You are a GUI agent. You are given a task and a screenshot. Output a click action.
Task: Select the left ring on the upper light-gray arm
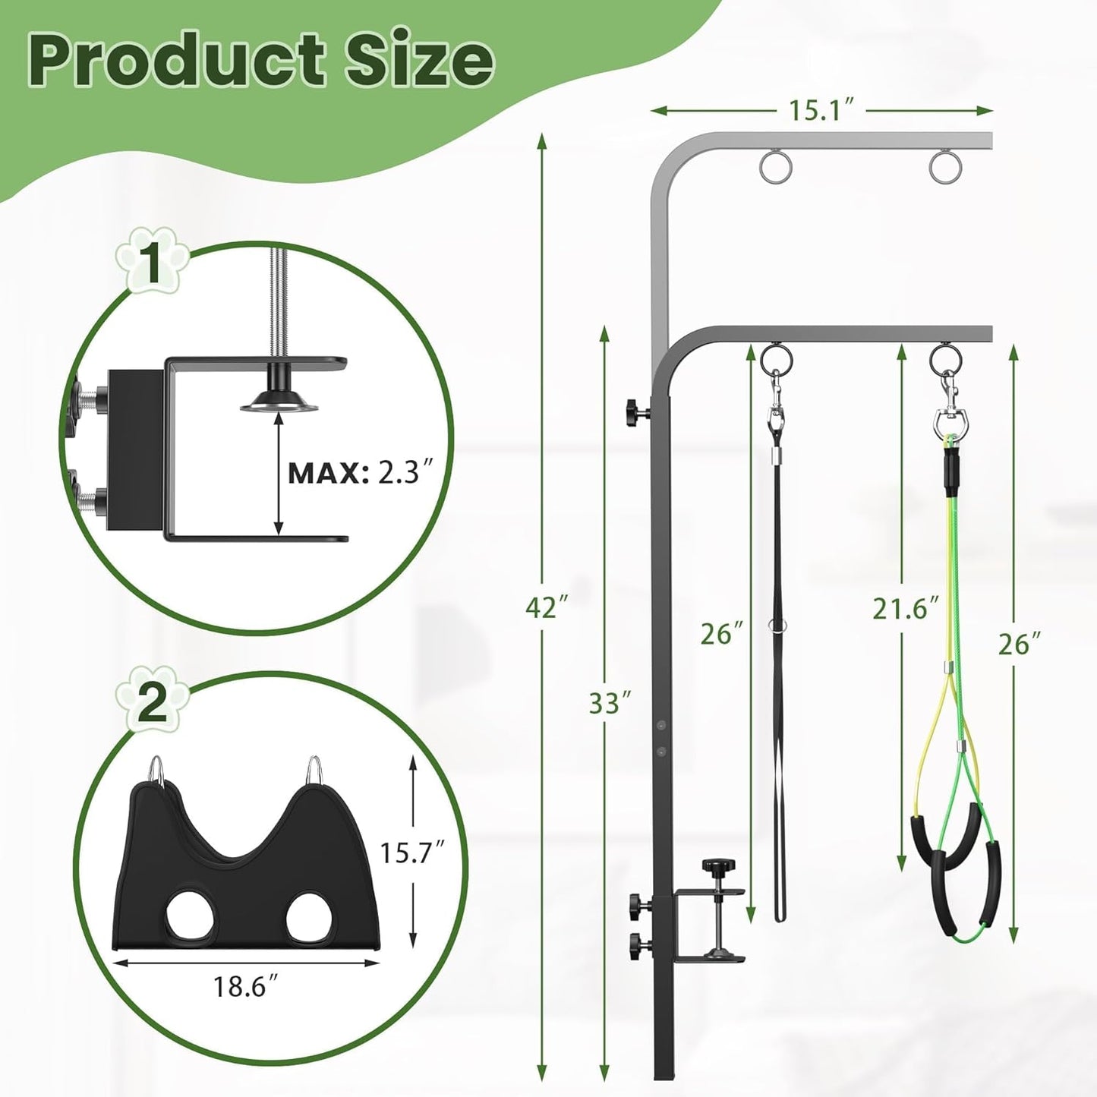coord(774,167)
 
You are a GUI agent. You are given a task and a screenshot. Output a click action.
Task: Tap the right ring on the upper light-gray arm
coord(944,167)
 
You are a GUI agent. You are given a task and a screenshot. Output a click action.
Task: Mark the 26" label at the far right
coord(1018,645)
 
